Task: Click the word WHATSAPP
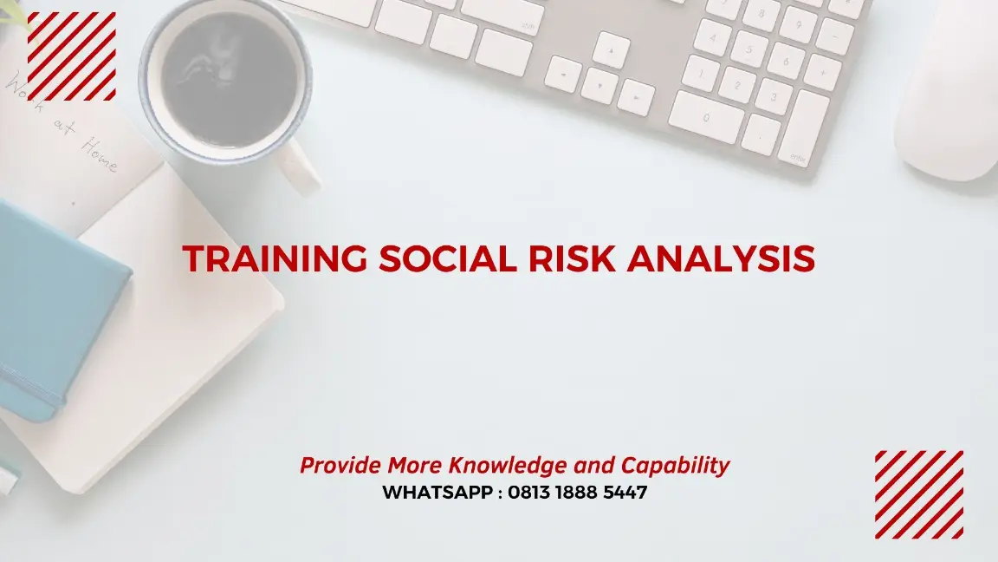[437, 493]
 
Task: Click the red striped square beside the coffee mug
[72, 56]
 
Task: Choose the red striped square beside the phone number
[918, 494]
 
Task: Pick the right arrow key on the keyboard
[636, 97]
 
